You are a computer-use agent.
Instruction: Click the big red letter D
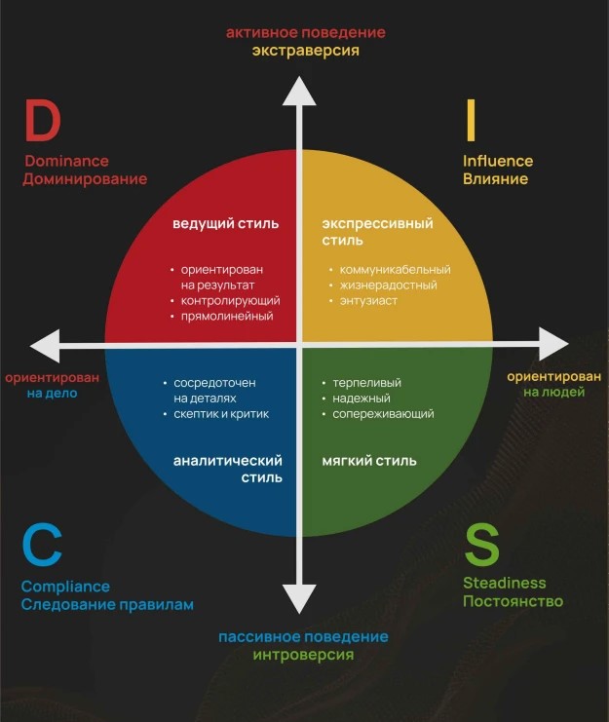coord(43,123)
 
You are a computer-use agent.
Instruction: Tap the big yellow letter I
coord(471,123)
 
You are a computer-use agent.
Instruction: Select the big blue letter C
coord(42,547)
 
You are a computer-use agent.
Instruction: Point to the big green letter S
coord(483,547)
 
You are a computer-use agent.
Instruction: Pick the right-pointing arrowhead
coord(552,344)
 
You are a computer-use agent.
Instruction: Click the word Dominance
coord(66,161)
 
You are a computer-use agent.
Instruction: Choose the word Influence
coord(498,161)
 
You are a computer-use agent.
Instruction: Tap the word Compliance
coord(65,587)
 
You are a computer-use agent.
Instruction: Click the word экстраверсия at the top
coord(306,51)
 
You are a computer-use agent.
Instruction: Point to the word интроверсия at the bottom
coord(303,655)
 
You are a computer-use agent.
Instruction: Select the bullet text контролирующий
coord(231,301)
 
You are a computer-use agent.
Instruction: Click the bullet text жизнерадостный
coord(388,285)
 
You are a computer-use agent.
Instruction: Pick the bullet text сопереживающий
coord(383,414)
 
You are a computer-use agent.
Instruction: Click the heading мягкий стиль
coord(369,461)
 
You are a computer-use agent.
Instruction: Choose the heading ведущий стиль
coord(226,223)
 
